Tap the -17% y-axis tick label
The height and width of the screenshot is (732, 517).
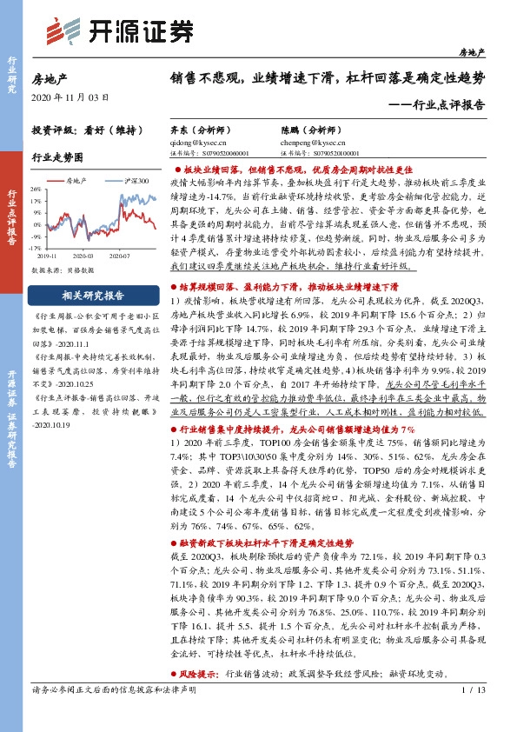(36, 250)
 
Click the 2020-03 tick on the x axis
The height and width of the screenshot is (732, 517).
(95, 257)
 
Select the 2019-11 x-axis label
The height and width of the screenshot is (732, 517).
(48, 257)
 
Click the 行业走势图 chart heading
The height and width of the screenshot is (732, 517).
(56, 157)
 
